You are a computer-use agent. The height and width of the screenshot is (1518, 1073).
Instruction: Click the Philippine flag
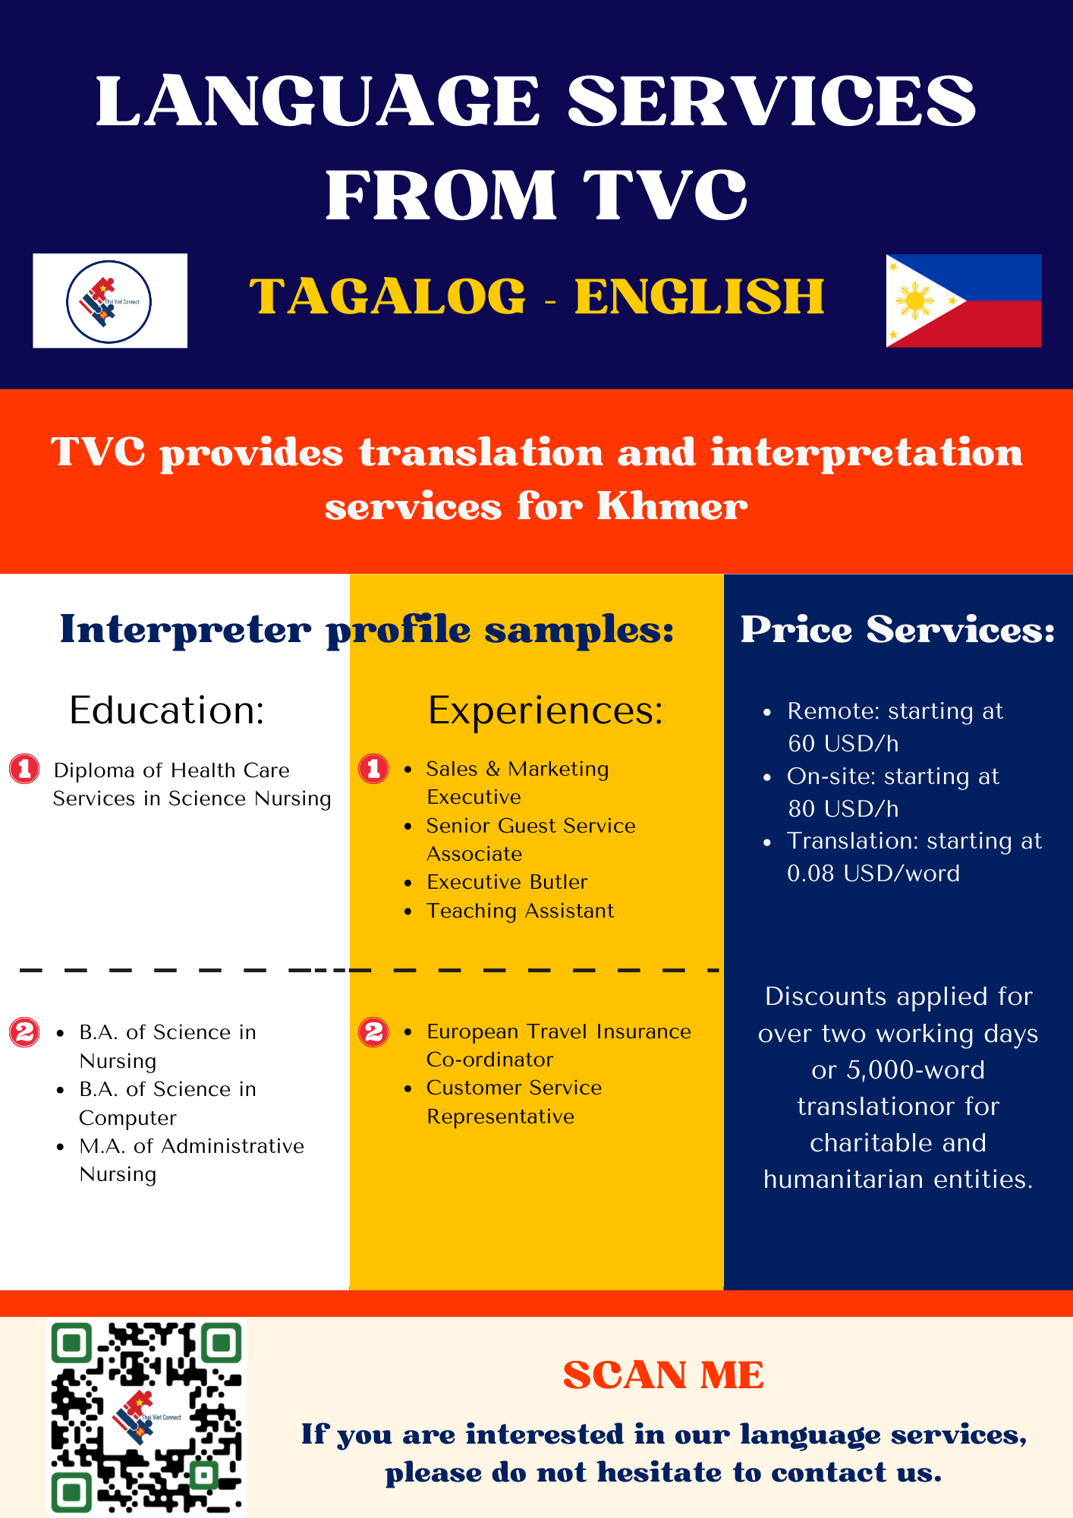click(x=964, y=301)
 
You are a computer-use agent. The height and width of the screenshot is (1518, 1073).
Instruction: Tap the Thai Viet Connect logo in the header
click(x=110, y=301)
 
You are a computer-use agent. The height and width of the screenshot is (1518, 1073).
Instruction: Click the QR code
click(x=146, y=1416)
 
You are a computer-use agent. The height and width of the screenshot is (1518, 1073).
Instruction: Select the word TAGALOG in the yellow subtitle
click(x=387, y=296)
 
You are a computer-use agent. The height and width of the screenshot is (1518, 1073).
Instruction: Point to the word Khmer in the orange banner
click(x=672, y=506)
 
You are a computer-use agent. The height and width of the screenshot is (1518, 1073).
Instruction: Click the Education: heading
click(x=167, y=710)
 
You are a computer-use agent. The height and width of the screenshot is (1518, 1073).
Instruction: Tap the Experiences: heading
click(x=546, y=711)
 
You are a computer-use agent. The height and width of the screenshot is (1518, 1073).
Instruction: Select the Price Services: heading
click(x=898, y=629)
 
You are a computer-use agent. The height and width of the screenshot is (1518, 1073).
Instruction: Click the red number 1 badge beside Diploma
click(x=24, y=769)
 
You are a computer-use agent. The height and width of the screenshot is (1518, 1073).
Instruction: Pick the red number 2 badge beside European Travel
click(x=373, y=1032)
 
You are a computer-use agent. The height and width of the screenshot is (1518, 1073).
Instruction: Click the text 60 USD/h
click(x=843, y=744)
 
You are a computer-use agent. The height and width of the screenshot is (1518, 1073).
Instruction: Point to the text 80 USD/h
click(x=843, y=809)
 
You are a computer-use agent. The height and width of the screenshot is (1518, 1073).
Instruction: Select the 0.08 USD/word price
click(x=873, y=874)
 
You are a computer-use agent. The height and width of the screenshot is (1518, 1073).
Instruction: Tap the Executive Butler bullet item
click(x=507, y=882)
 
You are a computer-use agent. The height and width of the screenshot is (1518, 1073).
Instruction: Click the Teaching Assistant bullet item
click(x=520, y=911)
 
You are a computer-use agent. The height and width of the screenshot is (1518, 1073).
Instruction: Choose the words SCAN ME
click(x=663, y=1375)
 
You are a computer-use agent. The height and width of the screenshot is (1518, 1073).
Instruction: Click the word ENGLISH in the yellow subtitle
click(x=700, y=296)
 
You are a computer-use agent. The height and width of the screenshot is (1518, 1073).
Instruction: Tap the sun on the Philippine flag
click(x=915, y=302)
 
